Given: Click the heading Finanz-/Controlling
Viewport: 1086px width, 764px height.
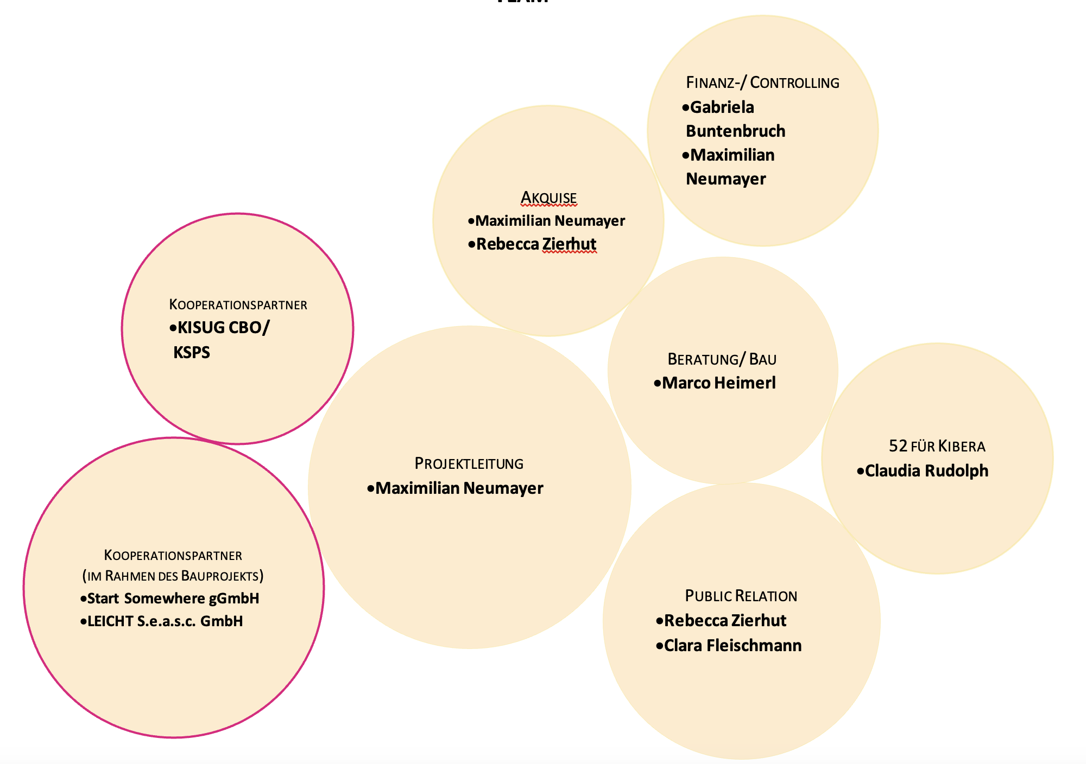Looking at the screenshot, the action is tap(762, 82).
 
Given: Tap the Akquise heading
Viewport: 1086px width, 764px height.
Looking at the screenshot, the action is tap(548, 198).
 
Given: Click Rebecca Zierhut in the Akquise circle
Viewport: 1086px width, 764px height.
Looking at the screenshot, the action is tap(536, 244).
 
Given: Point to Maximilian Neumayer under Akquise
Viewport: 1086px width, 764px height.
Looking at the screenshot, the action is tap(550, 221).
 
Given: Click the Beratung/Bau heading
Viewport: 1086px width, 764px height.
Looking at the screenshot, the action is tap(722, 359).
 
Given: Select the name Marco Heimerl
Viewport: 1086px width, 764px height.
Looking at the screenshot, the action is tap(719, 383).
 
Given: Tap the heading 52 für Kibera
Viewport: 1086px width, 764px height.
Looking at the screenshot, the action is tap(937, 446).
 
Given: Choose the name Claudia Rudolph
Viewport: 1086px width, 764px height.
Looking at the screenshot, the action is tap(926, 470).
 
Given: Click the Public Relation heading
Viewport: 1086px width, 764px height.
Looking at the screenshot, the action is tap(741, 596).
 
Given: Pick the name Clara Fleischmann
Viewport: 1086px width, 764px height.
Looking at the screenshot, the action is tap(733, 646).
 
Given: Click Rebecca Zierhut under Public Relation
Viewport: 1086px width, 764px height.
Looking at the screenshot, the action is tap(725, 621).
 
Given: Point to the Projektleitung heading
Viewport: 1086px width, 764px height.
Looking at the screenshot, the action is tap(469, 463).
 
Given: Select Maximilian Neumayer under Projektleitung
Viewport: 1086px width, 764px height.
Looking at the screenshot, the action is tap(459, 488).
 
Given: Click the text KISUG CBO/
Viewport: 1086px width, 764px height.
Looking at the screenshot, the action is tap(223, 328).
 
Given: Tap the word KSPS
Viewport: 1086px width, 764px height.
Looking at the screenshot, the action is tap(192, 353).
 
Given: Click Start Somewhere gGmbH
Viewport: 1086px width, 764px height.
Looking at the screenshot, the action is tap(173, 599).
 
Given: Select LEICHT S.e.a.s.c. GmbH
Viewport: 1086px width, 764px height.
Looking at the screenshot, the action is tap(165, 621).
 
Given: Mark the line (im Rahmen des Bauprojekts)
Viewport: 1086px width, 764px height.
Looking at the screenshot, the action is tap(173, 576).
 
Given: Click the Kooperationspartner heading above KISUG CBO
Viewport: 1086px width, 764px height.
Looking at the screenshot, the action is tap(238, 304).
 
